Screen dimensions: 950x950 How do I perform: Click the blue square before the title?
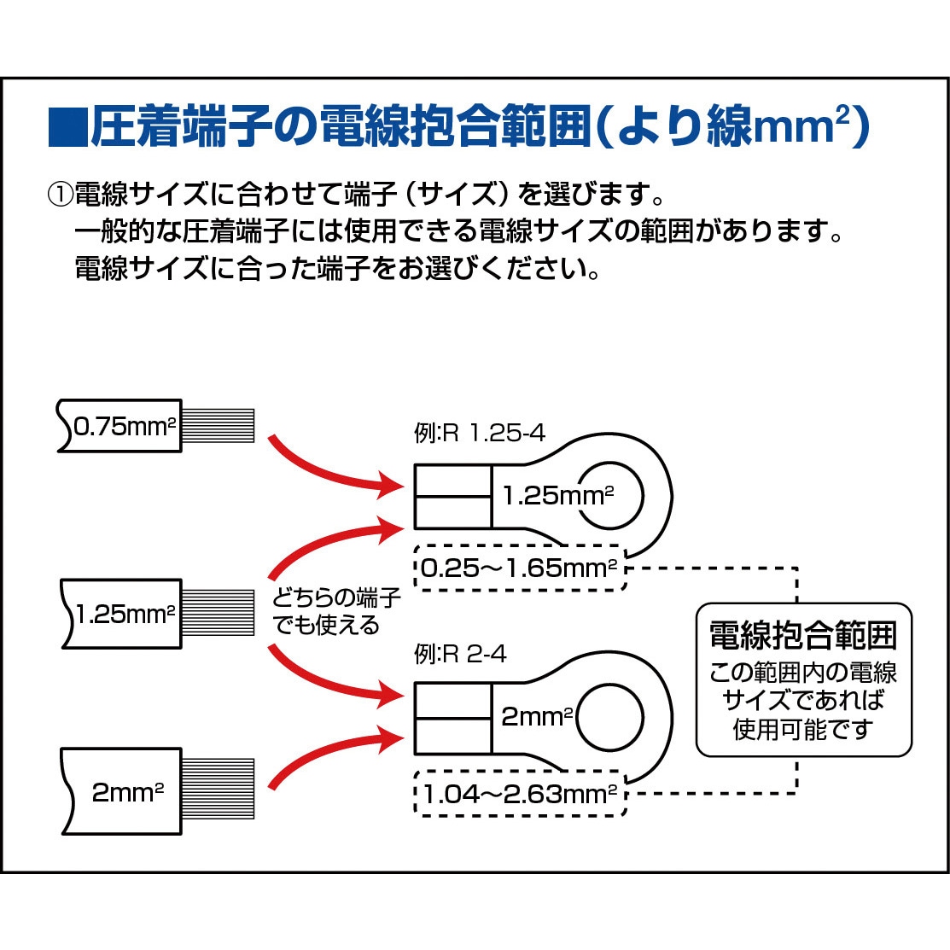point(68,127)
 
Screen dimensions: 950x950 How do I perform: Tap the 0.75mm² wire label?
point(125,427)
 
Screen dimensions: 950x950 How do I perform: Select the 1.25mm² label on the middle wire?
point(125,614)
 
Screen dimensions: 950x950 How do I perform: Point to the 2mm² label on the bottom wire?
point(128,792)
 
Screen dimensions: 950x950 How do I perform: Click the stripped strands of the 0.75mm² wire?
point(219,425)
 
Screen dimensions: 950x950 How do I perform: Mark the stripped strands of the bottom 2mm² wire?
point(219,788)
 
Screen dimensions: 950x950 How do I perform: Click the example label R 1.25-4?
point(480,434)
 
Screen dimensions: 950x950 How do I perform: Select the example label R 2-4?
point(460,655)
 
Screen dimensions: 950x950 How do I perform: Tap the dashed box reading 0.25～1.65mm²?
point(520,568)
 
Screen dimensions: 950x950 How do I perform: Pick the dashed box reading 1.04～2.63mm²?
point(520,794)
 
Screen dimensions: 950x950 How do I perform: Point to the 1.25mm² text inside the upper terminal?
point(558,496)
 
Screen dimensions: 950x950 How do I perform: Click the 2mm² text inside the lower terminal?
point(537,717)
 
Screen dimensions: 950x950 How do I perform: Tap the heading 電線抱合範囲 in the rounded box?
point(803,636)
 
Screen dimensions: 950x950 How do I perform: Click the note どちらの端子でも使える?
point(336,611)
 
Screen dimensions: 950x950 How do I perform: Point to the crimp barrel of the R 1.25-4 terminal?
point(452,497)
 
